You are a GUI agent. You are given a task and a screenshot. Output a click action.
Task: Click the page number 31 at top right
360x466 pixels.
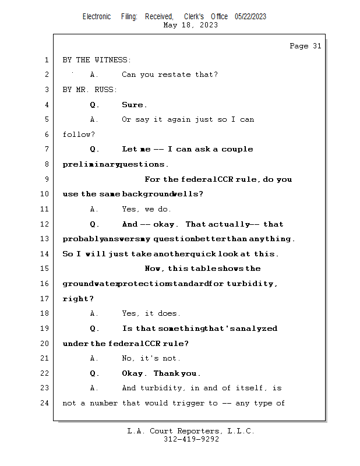pyautogui.click(x=317, y=46)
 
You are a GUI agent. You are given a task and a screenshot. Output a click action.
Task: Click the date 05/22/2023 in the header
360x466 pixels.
pyautogui.click(x=250, y=17)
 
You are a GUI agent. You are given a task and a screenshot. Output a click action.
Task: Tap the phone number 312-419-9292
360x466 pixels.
pyautogui.click(x=191, y=439)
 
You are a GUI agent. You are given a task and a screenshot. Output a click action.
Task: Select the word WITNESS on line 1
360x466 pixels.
pyautogui.click(x=111, y=60)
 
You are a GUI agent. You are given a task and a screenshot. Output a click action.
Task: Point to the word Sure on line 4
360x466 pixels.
pyautogui.click(x=132, y=105)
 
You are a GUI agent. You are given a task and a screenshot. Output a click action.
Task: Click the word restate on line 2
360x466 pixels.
pyautogui.click(x=174, y=75)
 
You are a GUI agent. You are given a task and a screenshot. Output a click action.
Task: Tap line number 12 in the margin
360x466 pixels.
pyautogui.click(x=44, y=224)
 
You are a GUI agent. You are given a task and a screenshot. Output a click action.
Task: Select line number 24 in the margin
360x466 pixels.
pyautogui.click(x=44, y=403)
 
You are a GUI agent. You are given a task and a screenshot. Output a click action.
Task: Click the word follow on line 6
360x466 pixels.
pyautogui.click(x=76, y=135)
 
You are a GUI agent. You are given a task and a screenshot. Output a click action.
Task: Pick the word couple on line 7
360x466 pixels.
pyautogui.click(x=237, y=149)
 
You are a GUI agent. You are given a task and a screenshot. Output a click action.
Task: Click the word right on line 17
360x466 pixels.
pyautogui.click(x=76, y=299)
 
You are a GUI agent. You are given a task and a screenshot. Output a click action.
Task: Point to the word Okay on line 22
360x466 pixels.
pyautogui.click(x=132, y=373)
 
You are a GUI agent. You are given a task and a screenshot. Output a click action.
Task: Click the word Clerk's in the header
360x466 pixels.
pyautogui.click(x=194, y=17)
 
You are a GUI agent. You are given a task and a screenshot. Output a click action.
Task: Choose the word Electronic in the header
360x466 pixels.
pyautogui.click(x=97, y=17)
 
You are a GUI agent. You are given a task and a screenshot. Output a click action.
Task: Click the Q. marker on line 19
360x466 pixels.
pyautogui.click(x=94, y=329)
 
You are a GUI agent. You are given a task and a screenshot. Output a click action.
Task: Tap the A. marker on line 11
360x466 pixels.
pyautogui.click(x=94, y=209)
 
